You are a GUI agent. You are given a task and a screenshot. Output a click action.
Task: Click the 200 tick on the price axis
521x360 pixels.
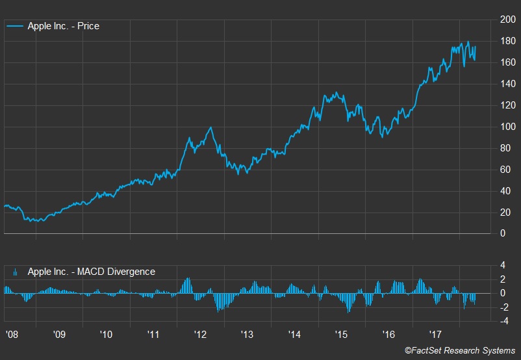point(507,20)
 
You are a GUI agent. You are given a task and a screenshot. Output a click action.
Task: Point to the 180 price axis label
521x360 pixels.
point(507,42)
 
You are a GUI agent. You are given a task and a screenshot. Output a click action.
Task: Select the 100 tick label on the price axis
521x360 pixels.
point(507,127)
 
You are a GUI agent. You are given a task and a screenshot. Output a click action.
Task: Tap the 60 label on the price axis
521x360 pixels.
point(505,170)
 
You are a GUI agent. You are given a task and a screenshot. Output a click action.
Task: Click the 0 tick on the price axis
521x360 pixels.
point(502,233)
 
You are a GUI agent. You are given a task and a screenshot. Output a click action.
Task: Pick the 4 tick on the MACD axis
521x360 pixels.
point(502,265)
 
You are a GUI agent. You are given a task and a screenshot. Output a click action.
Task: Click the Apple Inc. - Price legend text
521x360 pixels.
point(64,27)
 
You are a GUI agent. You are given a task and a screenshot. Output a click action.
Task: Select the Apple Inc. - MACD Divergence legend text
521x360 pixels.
point(92,272)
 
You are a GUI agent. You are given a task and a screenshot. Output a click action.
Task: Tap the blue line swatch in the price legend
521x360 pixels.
point(16,27)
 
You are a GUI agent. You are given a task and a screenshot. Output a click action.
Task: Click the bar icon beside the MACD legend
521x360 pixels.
point(16,272)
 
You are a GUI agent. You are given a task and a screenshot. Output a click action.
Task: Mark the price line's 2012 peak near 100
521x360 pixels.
point(211,127)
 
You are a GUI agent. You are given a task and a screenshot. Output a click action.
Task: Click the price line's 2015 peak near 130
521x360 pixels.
point(335,93)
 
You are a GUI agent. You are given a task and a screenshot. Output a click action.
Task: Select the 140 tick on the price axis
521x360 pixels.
point(507,84)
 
